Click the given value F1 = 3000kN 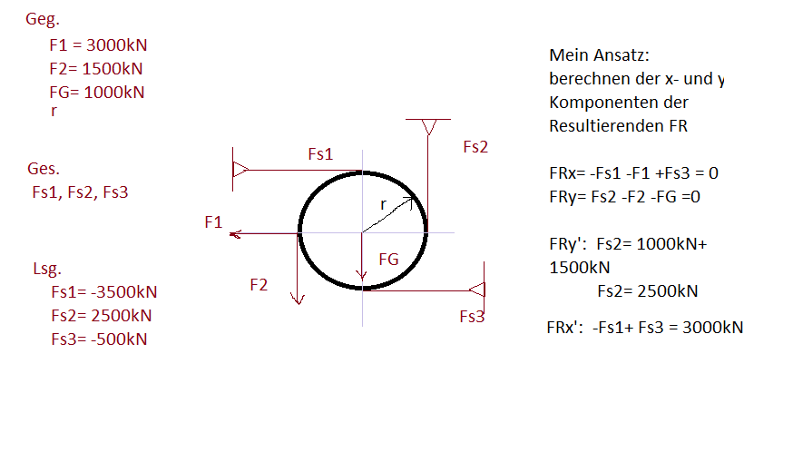point(98,45)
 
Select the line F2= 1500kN point(96,68)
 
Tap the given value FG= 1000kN point(97,92)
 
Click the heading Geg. point(43,19)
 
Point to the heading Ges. point(44,169)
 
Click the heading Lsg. point(47,269)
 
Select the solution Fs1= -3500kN point(104,292)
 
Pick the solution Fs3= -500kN point(99,339)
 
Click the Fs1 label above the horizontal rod point(320,153)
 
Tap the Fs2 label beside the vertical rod point(475,147)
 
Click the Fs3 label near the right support point(472,316)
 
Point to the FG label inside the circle point(388,259)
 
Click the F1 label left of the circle point(213,222)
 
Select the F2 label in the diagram point(259,285)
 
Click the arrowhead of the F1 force point(235,234)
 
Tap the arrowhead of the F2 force point(298,299)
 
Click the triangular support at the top point(428,127)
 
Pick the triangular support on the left point(240,170)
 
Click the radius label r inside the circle point(384,205)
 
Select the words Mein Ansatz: point(600,55)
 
